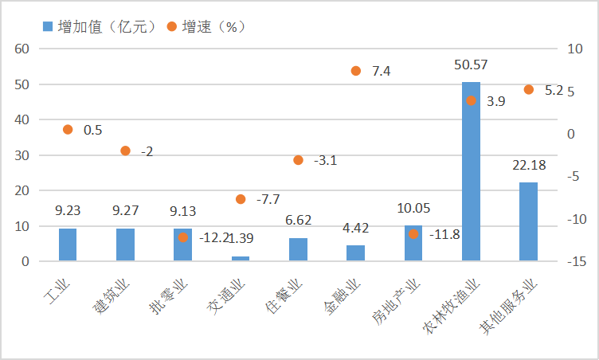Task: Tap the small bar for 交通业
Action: (241, 258)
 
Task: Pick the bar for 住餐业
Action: (298, 249)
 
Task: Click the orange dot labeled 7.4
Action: (356, 71)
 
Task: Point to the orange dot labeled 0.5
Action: (68, 129)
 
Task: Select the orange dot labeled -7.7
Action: (241, 199)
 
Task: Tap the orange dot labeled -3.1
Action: (298, 160)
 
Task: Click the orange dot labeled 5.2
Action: (528, 90)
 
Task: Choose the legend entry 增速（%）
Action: (205, 26)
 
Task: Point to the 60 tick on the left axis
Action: (22, 49)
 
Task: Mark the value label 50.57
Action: (471, 65)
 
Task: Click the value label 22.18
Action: (528, 165)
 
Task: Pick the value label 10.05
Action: (413, 209)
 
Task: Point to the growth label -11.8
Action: (446, 235)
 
